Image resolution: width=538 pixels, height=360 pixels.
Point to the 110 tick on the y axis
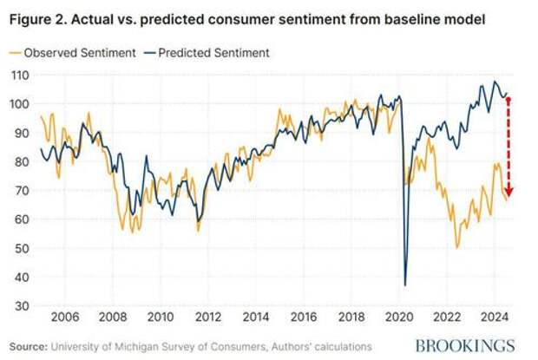click(18, 75)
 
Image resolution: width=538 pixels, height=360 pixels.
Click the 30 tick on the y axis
click(20, 305)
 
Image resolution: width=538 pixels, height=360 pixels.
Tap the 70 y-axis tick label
click(20, 190)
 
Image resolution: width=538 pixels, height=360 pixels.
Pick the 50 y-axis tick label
click(20, 248)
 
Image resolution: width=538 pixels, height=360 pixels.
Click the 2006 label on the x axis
click(67, 317)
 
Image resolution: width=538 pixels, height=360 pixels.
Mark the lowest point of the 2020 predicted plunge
click(405, 285)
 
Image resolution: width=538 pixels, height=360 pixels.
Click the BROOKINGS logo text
click(464, 344)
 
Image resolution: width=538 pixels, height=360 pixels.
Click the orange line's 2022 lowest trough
click(457, 247)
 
